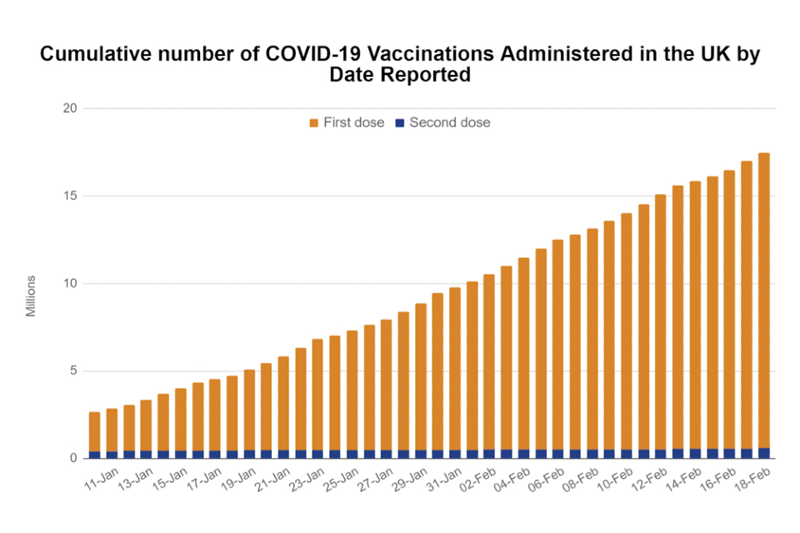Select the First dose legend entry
(347, 122)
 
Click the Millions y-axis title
(31, 296)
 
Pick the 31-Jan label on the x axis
(442, 483)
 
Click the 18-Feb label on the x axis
(752, 483)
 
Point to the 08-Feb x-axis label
(580, 483)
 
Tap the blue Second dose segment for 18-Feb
(764, 453)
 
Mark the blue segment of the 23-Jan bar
(317, 454)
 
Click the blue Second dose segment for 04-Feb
(523, 454)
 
